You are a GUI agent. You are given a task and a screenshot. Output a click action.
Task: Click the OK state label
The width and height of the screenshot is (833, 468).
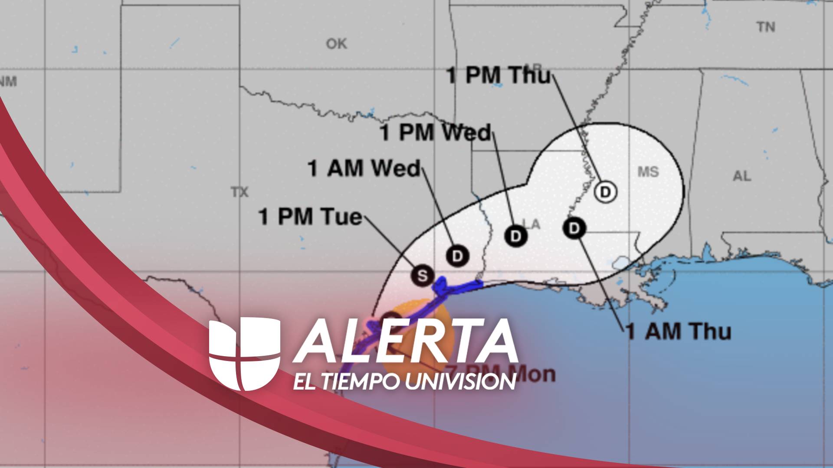(336, 44)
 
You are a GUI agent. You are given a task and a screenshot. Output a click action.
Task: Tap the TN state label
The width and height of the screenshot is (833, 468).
(766, 27)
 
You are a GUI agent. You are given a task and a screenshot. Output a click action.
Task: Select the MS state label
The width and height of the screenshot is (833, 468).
(648, 172)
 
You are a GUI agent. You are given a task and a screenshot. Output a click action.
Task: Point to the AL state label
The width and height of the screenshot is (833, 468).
(741, 176)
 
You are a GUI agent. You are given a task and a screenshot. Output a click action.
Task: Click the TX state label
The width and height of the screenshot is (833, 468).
(239, 192)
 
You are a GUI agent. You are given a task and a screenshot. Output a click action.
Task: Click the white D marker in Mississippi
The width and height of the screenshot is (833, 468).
(605, 192)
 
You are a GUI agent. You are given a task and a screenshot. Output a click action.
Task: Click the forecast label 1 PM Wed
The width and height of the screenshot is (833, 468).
(436, 133)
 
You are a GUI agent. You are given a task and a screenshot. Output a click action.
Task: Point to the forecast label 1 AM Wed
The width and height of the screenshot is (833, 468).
(364, 169)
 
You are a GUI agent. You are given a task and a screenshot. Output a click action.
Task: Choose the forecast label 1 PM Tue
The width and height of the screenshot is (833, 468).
(310, 217)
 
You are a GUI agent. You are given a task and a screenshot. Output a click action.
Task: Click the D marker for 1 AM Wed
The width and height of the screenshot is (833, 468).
(457, 256)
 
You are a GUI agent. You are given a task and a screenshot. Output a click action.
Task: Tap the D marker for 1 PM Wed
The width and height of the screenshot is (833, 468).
(515, 236)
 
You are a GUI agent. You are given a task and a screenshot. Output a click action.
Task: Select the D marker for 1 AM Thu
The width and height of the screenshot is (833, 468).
(574, 228)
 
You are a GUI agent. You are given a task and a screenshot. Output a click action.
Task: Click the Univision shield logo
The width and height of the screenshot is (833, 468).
(244, 353)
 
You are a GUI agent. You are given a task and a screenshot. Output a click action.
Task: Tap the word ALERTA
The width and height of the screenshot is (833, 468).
(406, 341)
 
